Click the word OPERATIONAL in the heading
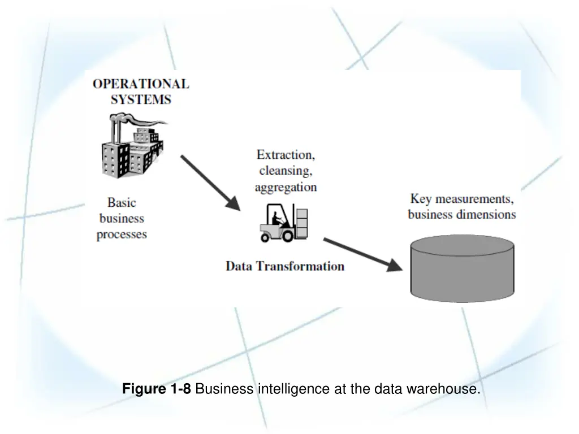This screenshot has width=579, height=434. pyautogui.click(x=141, y=84)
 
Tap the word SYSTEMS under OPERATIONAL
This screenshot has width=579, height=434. pyautogui.click(x=141, y=100)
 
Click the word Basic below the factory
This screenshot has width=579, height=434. pyautogui.click(x=122, y=202)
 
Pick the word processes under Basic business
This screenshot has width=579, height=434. pyautogui.click(x=122, y=234)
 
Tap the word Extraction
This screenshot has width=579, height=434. pyautogui.click(x=286, y=154)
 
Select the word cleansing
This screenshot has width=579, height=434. pyautogui.click(x=286, y=170)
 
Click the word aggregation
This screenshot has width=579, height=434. pyautogui.click(x=286, y=186)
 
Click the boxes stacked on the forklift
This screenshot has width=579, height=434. pyautogui.click(x=302, y=222)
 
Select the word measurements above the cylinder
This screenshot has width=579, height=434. pyautogui.click(x=474, y=199)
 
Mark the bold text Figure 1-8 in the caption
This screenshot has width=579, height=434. pyautogui.click(x=157, y=389)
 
